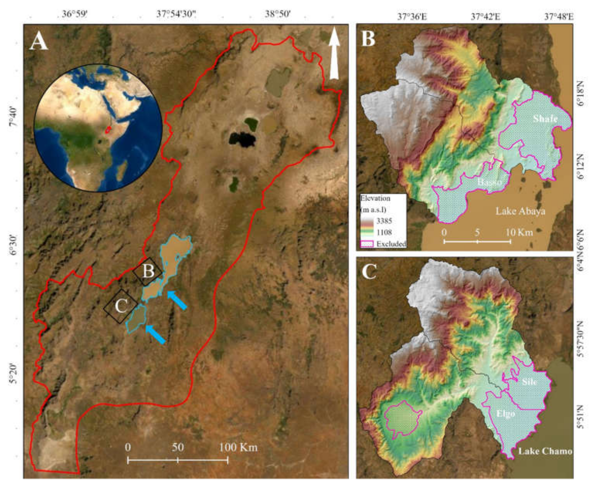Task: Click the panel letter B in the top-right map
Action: (368, 39)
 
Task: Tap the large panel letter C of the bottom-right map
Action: (369, 272)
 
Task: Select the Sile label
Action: (529, 382)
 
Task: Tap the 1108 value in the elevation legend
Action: (384, 232)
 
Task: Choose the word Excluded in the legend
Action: (391, 244)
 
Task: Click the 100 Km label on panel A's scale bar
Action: (238, 447)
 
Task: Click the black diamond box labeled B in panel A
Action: (147, 271)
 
